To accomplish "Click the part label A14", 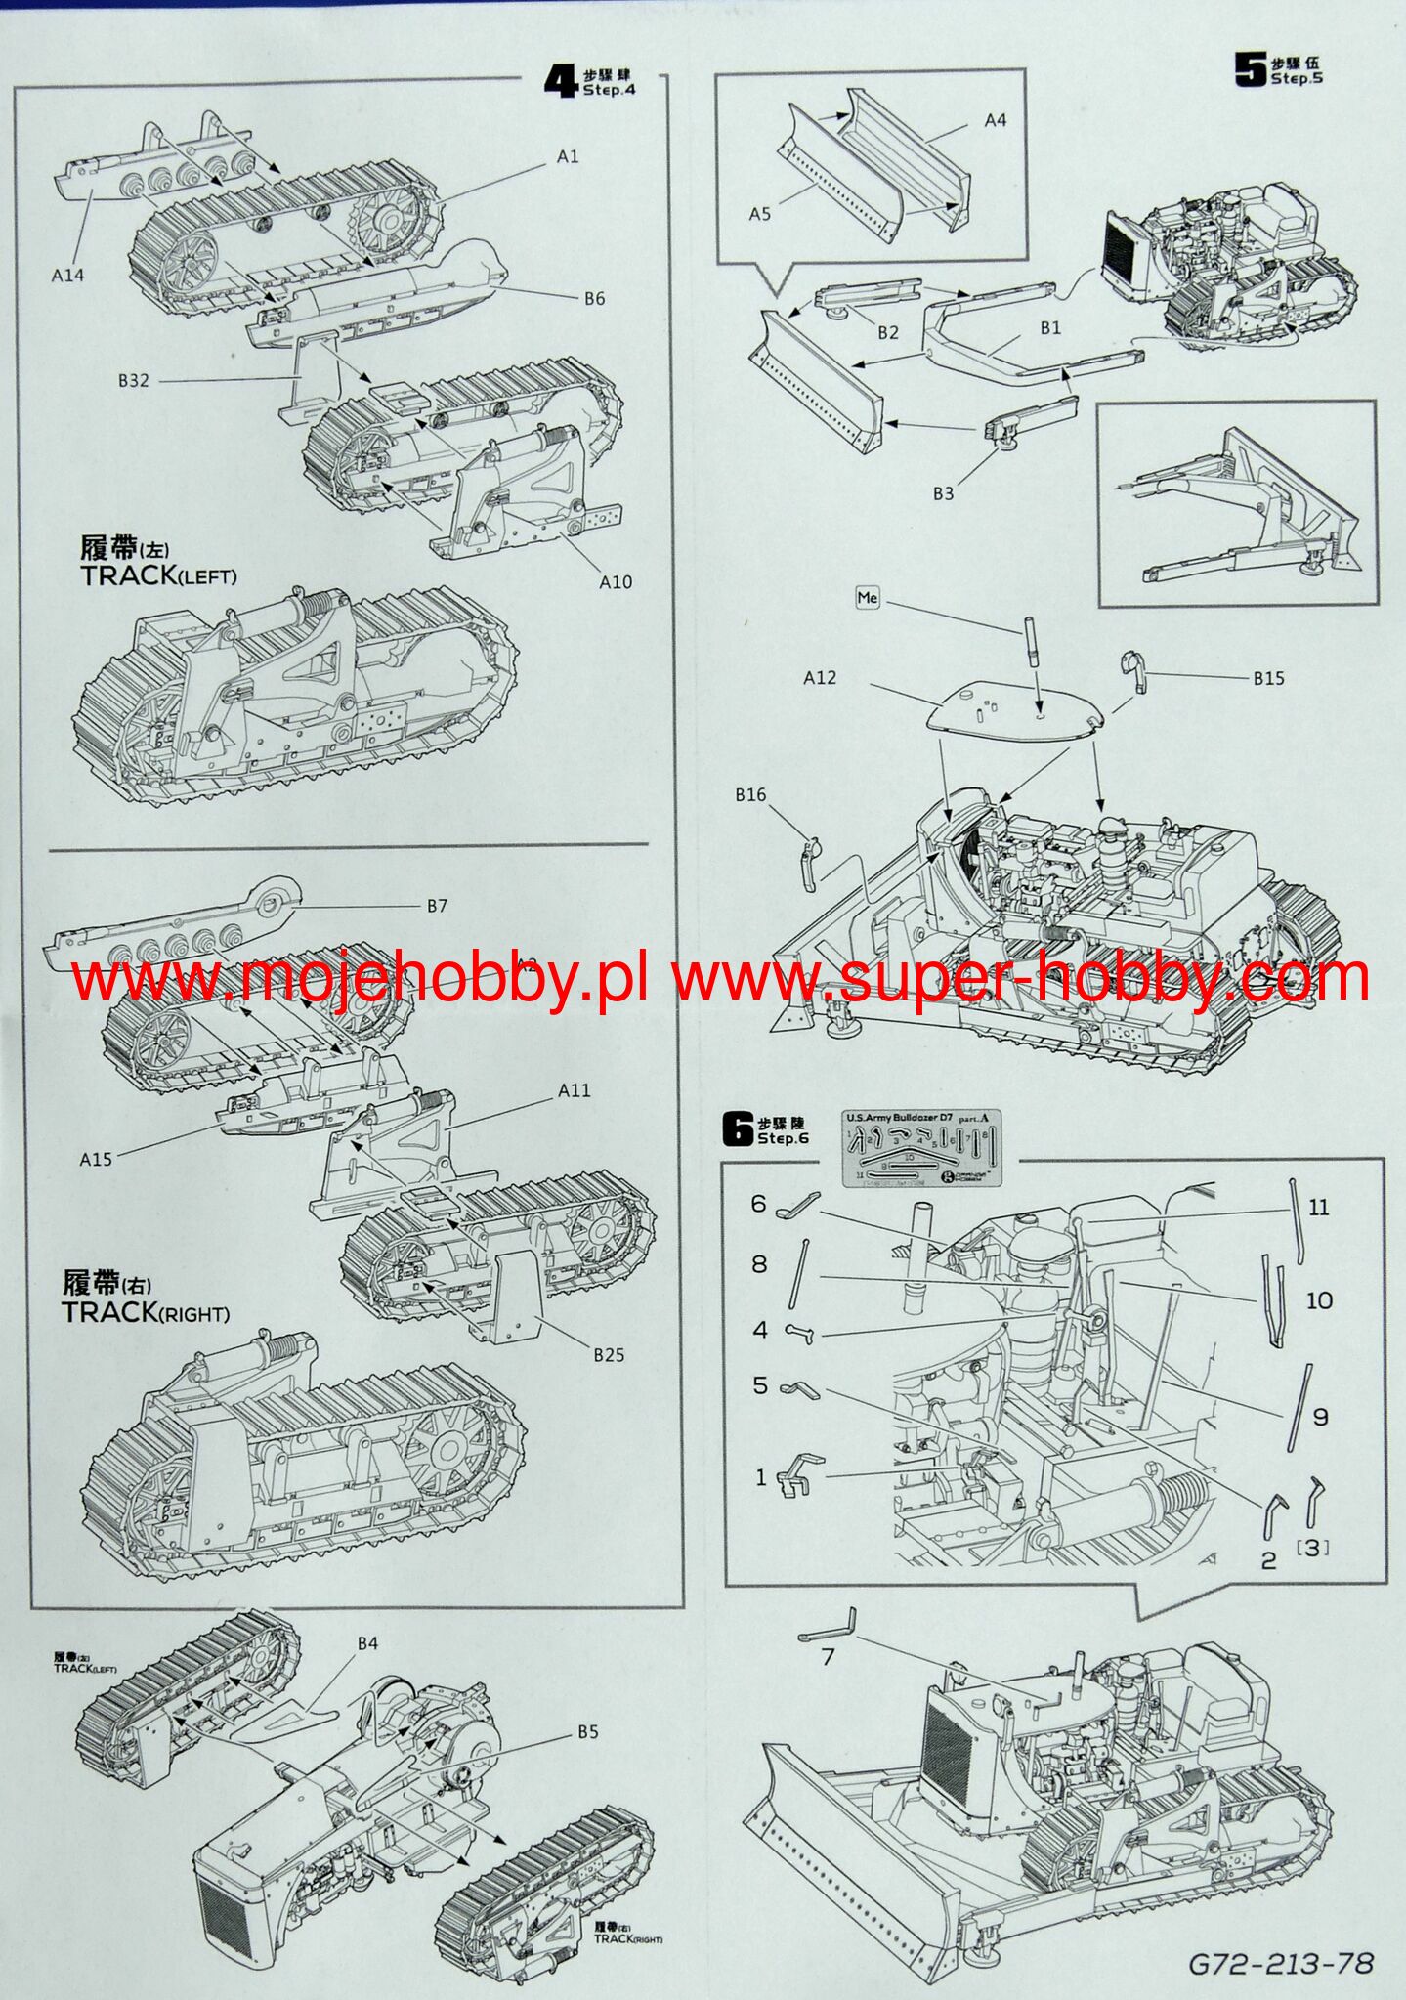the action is pos(67,276).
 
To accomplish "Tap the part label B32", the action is pos(134,380).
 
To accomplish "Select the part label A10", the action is pos(616,582).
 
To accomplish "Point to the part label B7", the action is pos(437,906).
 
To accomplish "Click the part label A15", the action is pos(96,1159).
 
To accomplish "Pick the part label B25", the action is pos(608,1354).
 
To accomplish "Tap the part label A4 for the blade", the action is pos(995,121).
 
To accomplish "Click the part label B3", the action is pos(942,493).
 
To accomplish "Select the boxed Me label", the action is pos(868,597).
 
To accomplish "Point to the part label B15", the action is pos(1268,678).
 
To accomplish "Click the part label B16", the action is pos(750,795).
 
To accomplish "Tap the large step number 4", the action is pos(561,81).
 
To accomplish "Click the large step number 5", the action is pos(1251,69).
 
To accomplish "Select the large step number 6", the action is pos(738,1130).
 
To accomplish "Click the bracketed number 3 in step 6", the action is pos(1312,1547).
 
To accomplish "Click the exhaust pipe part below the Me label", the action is pos(1030,641).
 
